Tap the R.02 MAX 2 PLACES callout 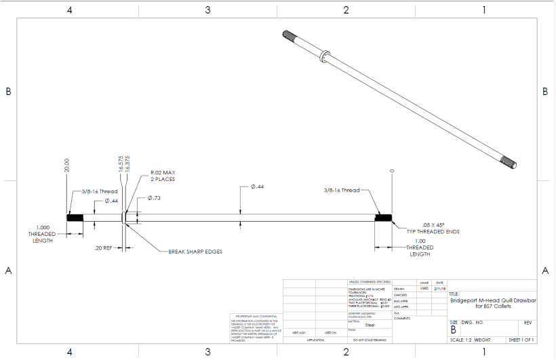tap(163, 176)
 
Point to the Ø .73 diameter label tap(155, 198)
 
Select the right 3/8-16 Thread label tap(341, 191)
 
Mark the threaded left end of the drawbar tap(75, 218)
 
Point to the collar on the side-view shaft tap(123, 218)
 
